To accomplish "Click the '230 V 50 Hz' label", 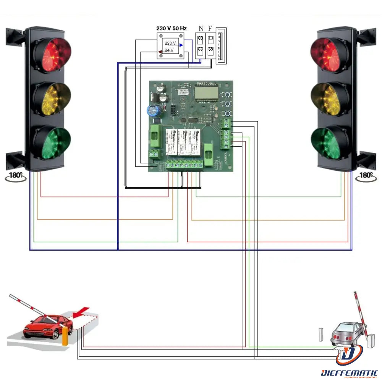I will (x=172, y=28).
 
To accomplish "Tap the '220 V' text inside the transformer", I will (x=170, y=43).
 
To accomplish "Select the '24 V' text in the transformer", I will (x=169, y=50).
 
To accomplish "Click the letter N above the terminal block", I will (x=201, y=29).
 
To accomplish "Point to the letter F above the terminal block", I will (x=210, y=29).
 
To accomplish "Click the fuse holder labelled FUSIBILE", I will (x=221, y=45).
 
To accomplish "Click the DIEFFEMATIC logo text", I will (x=349, y=372).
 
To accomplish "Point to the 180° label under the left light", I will (x=16, y=176).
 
